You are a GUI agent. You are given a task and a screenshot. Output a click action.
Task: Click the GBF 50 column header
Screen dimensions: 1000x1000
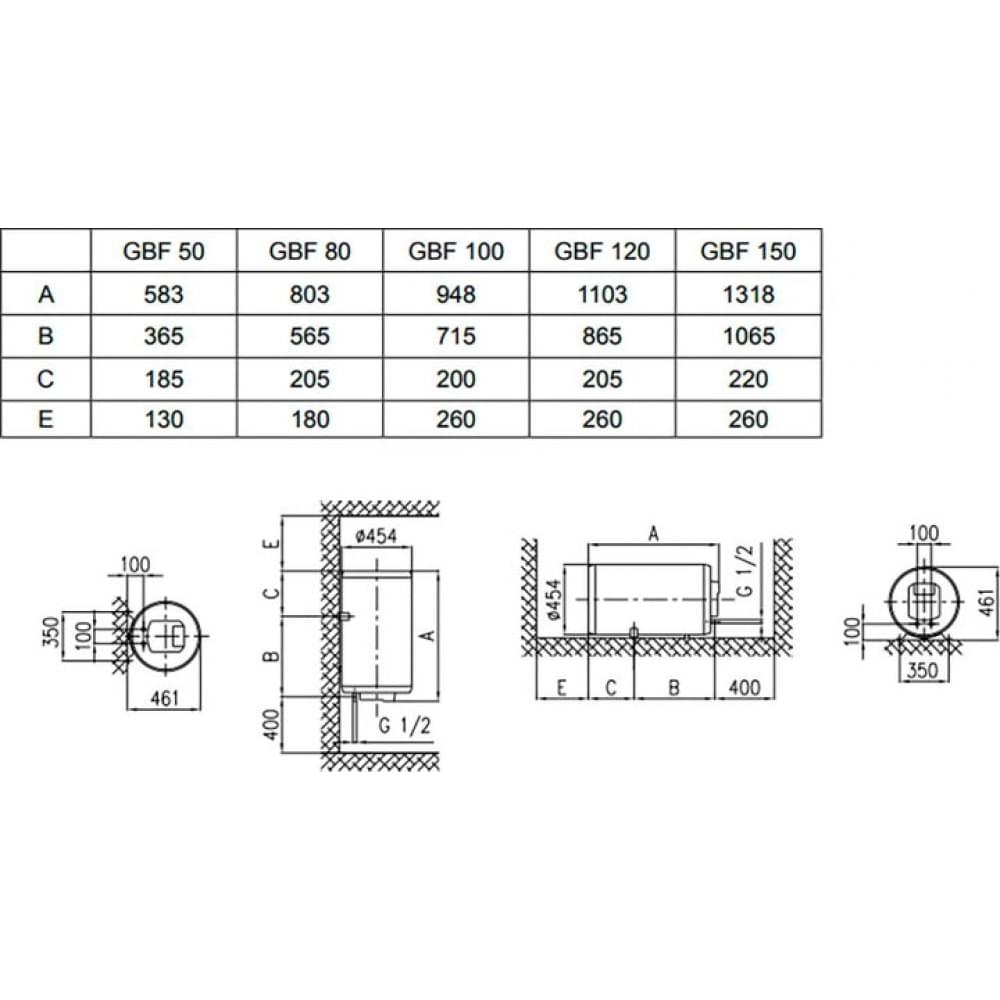click(164, 251)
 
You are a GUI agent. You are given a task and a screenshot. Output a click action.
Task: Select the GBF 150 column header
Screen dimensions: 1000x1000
click(748, 251)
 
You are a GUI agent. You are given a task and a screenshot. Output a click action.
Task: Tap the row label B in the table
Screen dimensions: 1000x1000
click(46, 336)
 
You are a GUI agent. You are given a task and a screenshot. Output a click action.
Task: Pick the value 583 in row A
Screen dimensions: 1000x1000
click(164, 294)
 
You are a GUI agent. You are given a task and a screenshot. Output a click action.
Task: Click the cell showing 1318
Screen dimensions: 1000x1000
click(748, 294)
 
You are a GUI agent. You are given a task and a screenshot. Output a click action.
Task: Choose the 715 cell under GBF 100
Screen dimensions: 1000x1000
click(456, 336)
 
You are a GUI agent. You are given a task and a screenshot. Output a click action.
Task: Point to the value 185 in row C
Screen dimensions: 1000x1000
click(164, 379)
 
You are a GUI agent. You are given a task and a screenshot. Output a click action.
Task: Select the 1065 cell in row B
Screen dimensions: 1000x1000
click(748, 336)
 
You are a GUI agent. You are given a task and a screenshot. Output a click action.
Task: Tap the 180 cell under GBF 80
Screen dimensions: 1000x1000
click(310, 420)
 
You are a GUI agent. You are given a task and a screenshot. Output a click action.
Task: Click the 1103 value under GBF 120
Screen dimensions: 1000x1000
click(602, 294)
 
